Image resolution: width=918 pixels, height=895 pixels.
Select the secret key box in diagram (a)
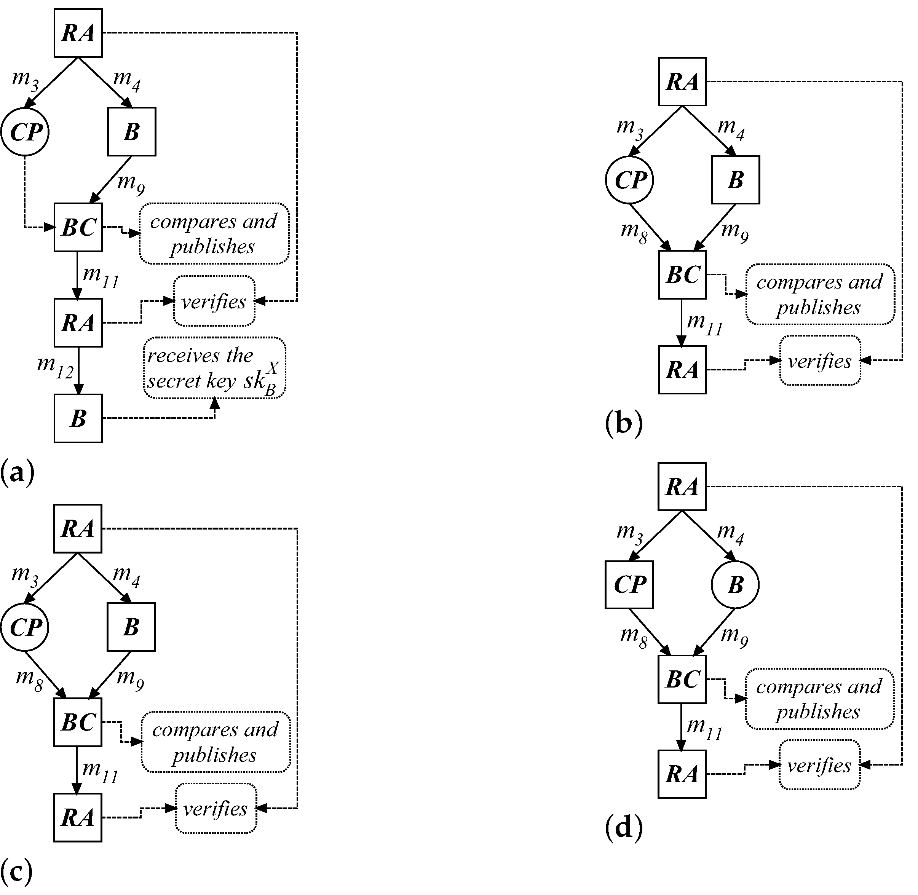click(x=215, y=368)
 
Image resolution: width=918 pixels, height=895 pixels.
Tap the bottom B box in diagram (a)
click(x=78, y=418)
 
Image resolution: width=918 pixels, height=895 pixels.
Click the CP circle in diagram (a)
click(x=25, y=132)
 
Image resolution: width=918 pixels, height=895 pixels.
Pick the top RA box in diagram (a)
click(x=78, y=33)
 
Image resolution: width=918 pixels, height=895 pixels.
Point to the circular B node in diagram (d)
click(x=735, y=585)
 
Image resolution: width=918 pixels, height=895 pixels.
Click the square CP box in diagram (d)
click(x=629, y=585)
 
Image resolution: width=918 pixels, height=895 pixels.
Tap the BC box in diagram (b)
click(x=682, y=275)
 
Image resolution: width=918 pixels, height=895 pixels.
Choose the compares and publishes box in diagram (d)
click(x=819, y=699)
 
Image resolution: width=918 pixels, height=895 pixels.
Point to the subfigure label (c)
click(x=17, y=871)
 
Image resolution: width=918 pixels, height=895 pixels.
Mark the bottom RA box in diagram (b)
click(x=682, y=370)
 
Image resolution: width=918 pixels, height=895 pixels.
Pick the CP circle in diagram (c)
click(x=25, y=627)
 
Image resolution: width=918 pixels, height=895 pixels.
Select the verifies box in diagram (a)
click(x=214, y=301)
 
